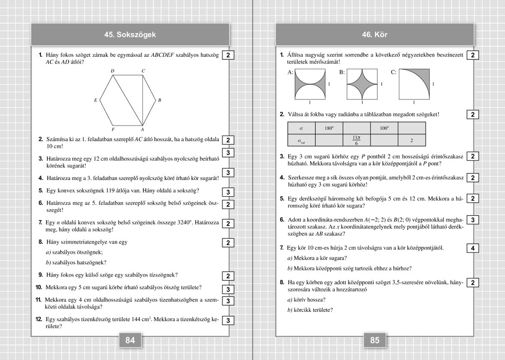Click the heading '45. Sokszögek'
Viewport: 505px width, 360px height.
[130, 35]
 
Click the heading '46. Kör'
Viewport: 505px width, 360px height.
[375, 35]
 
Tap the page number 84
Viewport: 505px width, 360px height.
[130, 340]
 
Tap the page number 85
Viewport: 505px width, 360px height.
[375, 340]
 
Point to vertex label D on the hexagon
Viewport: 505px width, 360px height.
[112, 71]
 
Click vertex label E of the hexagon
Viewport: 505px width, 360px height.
[96, 100]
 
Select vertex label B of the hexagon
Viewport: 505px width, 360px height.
[160, 100]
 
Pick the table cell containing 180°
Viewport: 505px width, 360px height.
[329, 128]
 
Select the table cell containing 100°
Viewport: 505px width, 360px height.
[384, 128]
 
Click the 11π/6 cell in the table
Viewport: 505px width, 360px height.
[356, 140]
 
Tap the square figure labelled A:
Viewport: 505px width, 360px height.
[309, 84]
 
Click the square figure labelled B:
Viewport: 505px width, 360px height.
[362, 84]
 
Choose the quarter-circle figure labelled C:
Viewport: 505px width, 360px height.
[414, 84]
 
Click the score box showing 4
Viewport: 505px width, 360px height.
[473, 248]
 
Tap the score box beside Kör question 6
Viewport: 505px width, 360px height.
[473, 220]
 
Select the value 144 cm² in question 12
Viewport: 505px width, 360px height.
[141, 319]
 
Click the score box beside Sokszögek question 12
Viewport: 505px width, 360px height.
[228, 320]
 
